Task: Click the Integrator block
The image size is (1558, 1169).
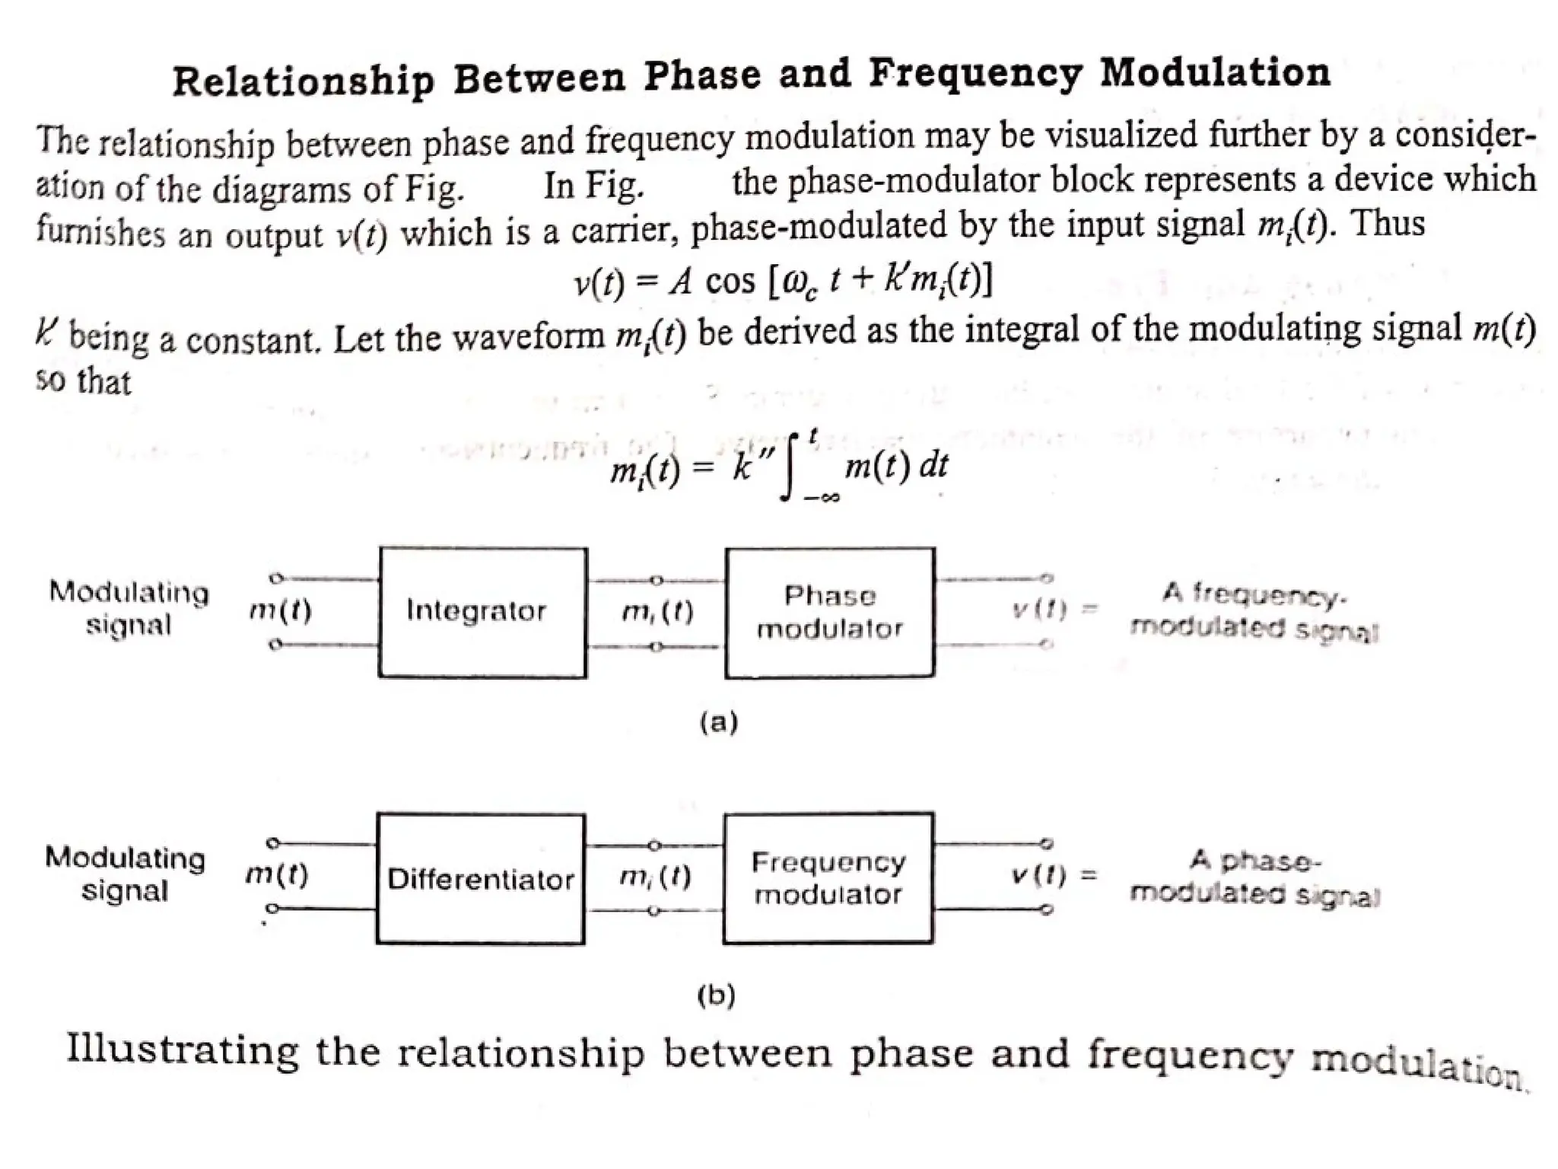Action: [482, 612]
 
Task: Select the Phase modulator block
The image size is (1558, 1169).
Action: [829, 612]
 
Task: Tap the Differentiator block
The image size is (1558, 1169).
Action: [480, 879]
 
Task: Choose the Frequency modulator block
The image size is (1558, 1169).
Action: [828, 878]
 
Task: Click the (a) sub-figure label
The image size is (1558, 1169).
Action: [718, 721]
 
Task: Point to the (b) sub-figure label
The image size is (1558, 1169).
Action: [716, 995]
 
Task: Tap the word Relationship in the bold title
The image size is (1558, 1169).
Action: [304, 80]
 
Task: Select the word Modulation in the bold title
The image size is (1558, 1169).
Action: [1215, 74]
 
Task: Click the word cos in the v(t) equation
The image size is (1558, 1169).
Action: [730, 282]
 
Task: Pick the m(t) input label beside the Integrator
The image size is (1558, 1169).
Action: [280, 610]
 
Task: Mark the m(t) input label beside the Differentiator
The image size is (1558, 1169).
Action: [277, 876]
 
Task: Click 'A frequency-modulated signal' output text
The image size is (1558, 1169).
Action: [1254, 612]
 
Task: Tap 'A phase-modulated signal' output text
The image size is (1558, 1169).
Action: [1254, 878]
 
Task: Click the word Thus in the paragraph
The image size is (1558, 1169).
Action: [1388, 224]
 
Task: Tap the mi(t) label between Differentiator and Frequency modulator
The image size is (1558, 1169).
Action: [655, 878]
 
